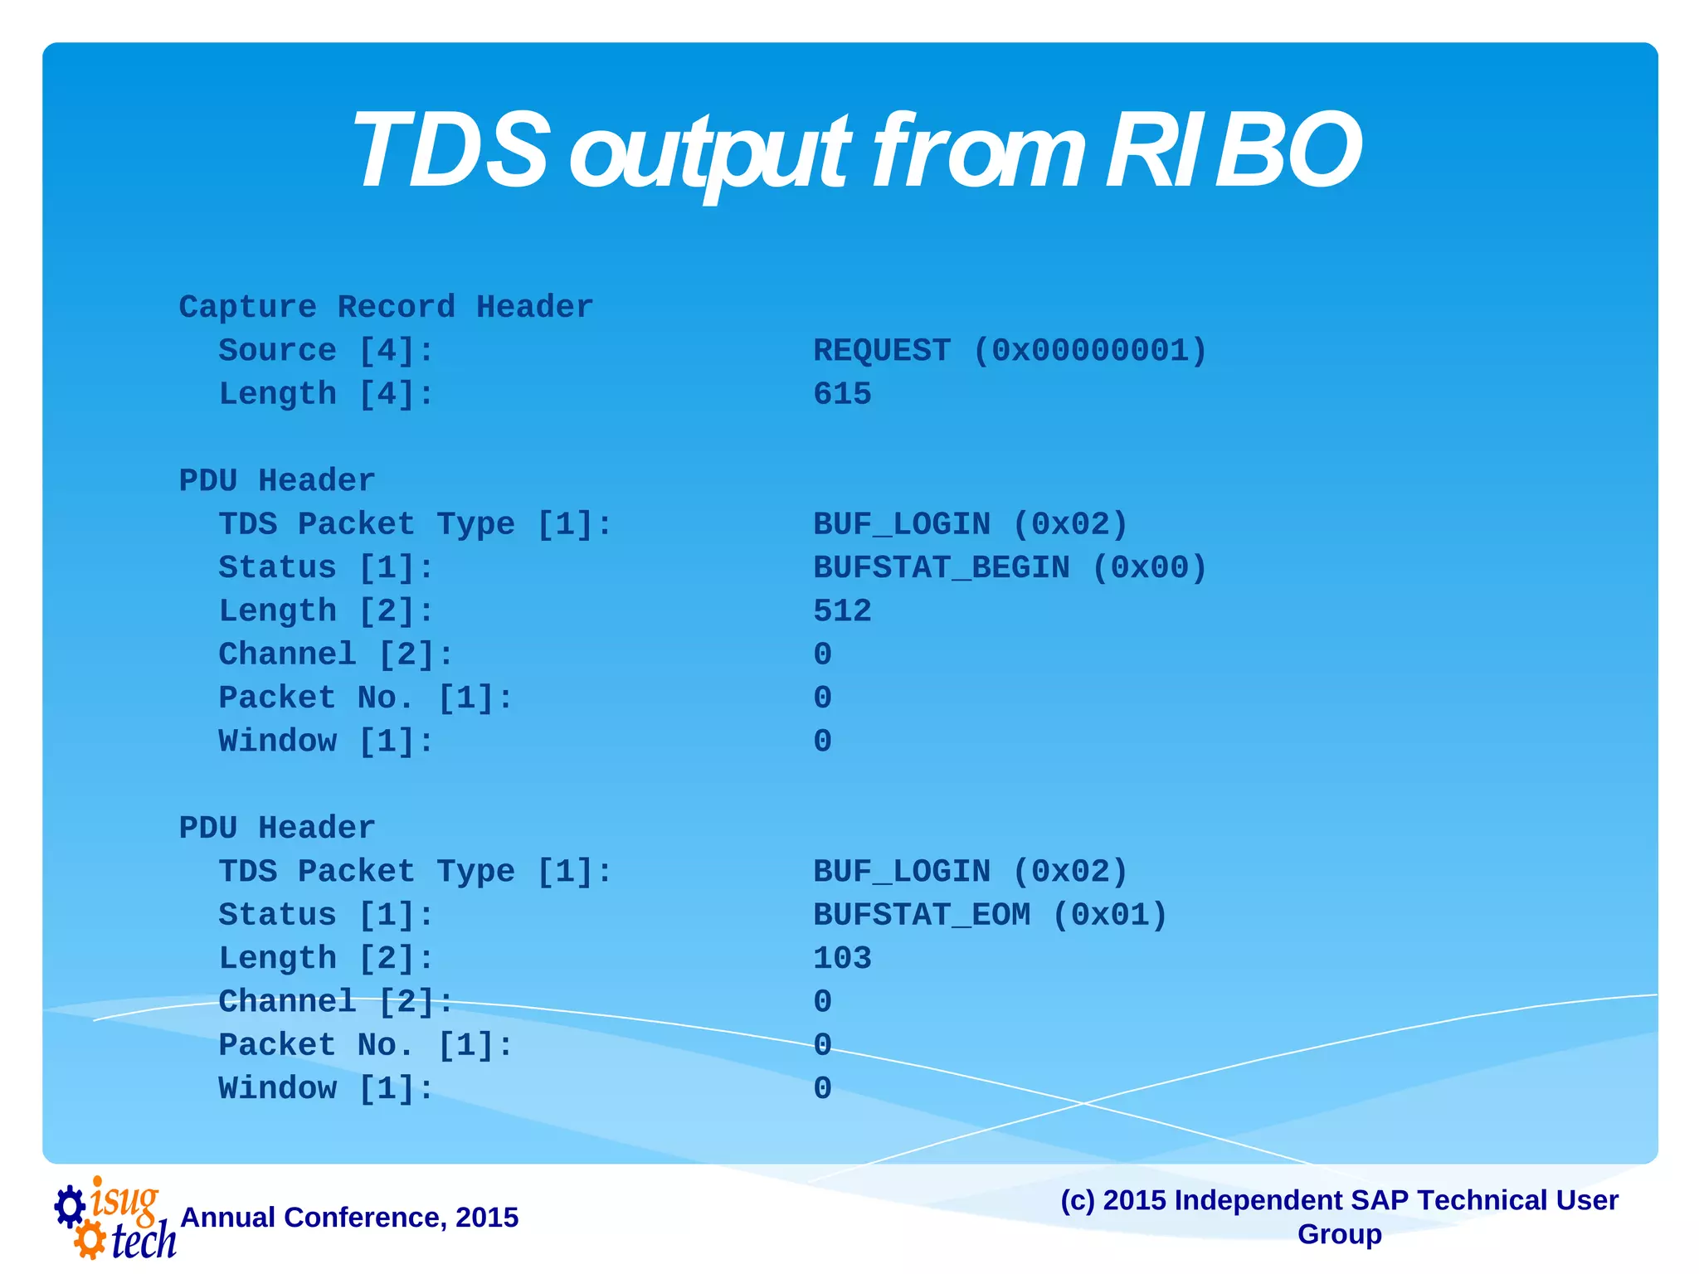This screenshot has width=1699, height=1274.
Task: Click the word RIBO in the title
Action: [1233, 151]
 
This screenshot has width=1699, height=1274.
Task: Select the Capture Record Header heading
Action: [386, 307]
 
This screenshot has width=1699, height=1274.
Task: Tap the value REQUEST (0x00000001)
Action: [1010, 350]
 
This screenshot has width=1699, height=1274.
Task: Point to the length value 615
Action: [842, 393]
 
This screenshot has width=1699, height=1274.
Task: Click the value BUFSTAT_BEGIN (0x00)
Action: [1010, 567]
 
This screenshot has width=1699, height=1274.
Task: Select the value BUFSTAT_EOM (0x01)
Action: [990, 914]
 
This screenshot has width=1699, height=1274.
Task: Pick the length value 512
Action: [842, 610]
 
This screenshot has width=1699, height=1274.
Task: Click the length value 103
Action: [842, 958]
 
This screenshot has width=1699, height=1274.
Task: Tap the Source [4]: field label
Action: [326, 350]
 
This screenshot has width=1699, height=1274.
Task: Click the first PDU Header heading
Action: [277, 480]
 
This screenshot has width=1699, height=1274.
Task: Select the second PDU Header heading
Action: [277, 828]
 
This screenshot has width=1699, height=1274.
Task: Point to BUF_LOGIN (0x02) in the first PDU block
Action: [970, 524]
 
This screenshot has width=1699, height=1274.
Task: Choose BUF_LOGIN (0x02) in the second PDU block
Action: [970, 871]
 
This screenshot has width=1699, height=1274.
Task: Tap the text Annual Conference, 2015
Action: [349, 1217]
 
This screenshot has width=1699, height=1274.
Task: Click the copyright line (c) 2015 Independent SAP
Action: [1339, 1200]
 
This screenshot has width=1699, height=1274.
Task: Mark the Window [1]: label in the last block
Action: [326, 1088]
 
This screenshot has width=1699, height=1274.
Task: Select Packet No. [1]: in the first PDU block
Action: [366, 698]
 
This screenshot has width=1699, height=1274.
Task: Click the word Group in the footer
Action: [1339, 1234]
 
